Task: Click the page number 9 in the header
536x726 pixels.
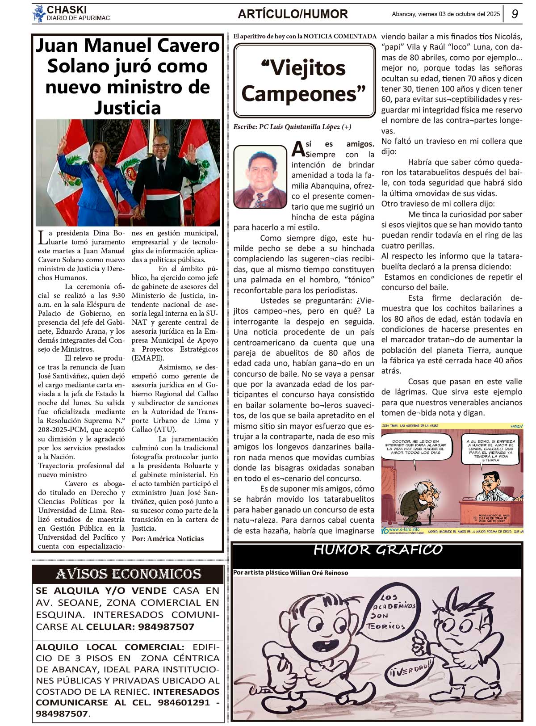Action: (515, 14)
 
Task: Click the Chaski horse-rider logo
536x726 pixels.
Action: (39, 13)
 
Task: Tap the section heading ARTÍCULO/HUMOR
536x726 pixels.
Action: (293, 14)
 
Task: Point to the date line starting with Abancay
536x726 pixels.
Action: (445, 14)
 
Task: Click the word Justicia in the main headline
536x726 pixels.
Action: (127, 108)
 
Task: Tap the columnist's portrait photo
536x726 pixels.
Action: (260, 177)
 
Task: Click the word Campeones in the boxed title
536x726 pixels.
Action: (303, 94)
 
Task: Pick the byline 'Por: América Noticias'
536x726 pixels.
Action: (167, 538)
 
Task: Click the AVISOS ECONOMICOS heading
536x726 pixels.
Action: (128, 574)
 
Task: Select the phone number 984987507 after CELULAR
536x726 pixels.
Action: (166, 626)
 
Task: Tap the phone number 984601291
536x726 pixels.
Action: (183, 702)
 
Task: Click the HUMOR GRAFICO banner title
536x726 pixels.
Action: (377, 550)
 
